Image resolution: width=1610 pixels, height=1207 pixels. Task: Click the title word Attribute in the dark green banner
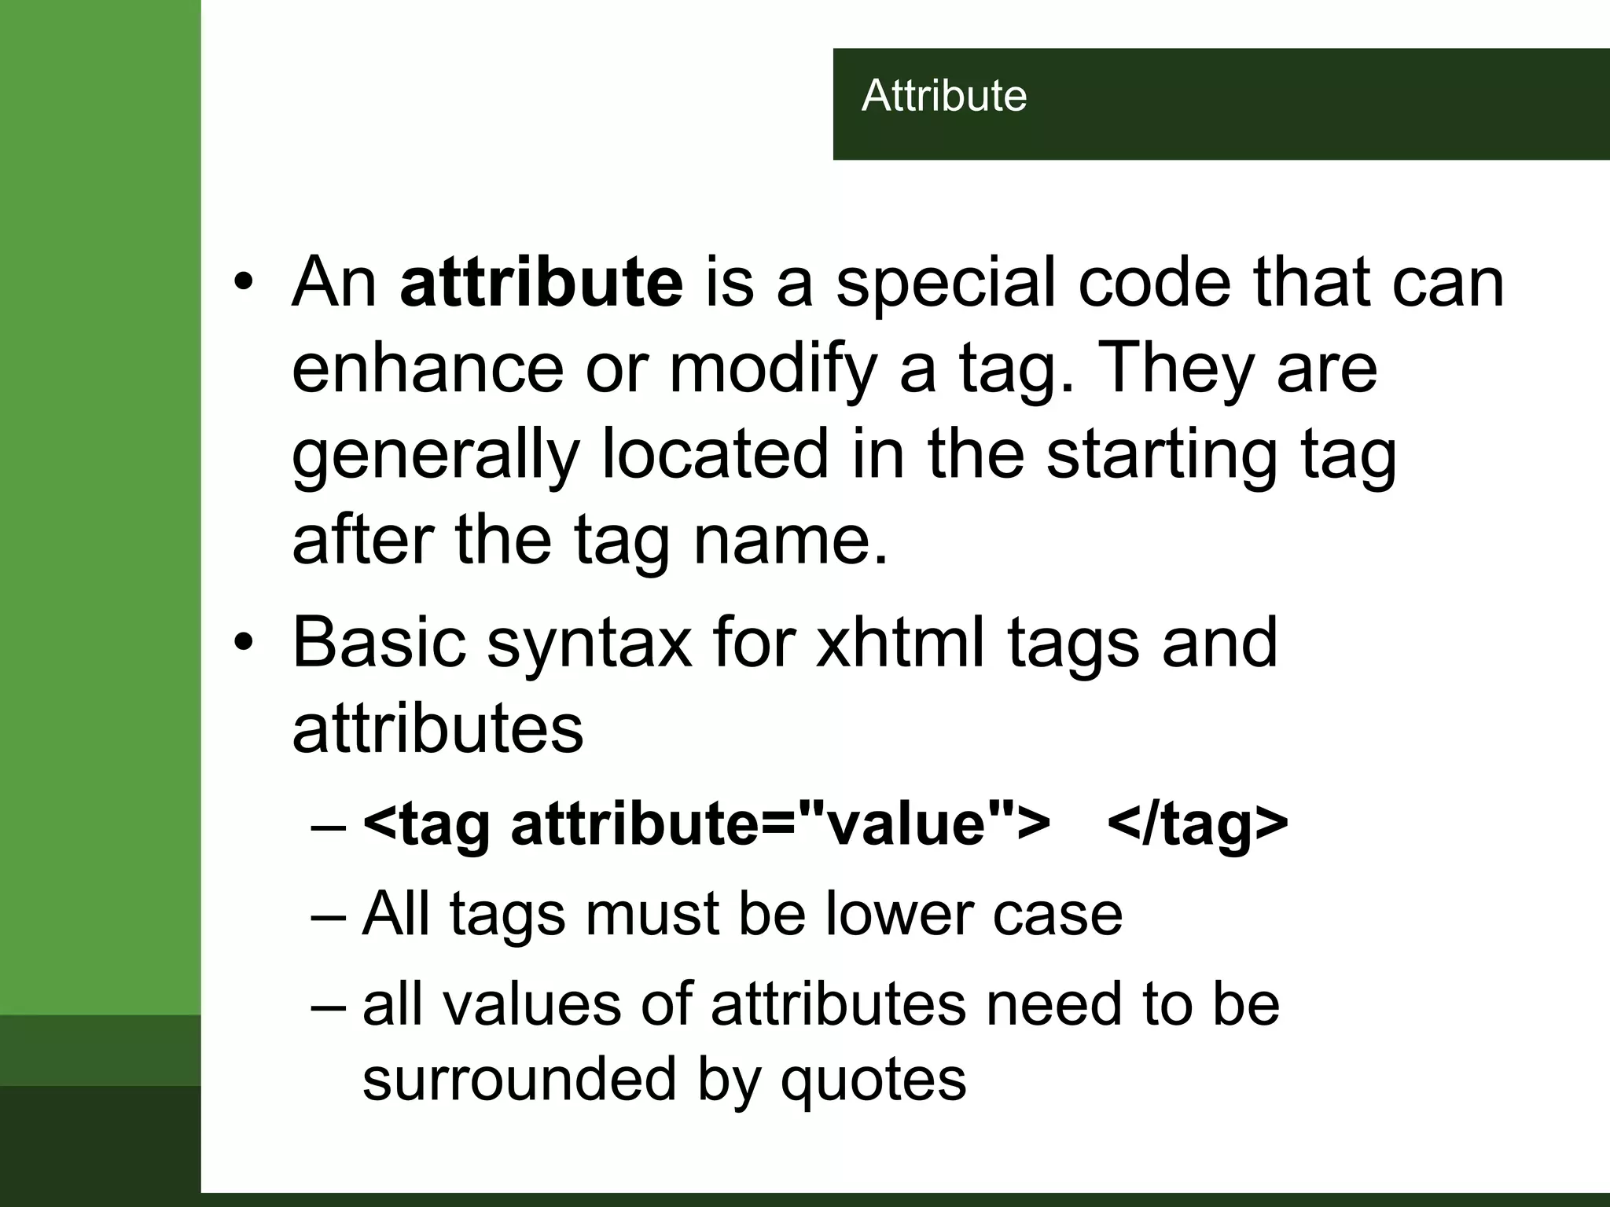point(944,96)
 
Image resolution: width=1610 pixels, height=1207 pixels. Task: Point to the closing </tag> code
point(1197,823)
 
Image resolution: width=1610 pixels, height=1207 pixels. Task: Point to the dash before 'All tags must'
point(328,915)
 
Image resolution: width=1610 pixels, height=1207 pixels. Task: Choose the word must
point(652,914)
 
